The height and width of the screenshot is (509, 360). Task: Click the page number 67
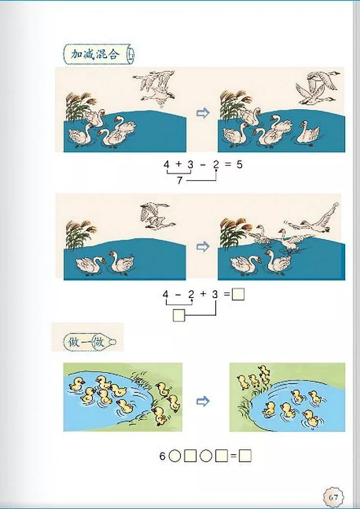334,497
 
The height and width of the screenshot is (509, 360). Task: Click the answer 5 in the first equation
239,164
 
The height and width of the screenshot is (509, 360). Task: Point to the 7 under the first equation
180,181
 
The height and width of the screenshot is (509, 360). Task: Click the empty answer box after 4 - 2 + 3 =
238,294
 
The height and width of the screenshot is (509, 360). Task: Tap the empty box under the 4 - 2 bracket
179,315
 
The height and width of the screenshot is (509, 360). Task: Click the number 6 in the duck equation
162,457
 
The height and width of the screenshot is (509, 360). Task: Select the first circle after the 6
175,457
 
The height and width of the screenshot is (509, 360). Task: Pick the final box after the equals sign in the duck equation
245,457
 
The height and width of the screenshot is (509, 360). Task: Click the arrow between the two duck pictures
202,402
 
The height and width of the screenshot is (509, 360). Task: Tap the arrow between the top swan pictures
202,114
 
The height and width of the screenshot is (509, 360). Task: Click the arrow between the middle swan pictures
202,247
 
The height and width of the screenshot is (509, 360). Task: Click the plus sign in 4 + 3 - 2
178,164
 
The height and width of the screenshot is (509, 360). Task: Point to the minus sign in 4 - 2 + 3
178,294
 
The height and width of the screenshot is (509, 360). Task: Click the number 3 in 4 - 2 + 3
215,294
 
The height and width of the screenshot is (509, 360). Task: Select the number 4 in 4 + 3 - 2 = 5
166,164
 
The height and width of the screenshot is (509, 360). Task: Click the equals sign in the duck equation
233,457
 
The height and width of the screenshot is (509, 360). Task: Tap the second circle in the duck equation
206,457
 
